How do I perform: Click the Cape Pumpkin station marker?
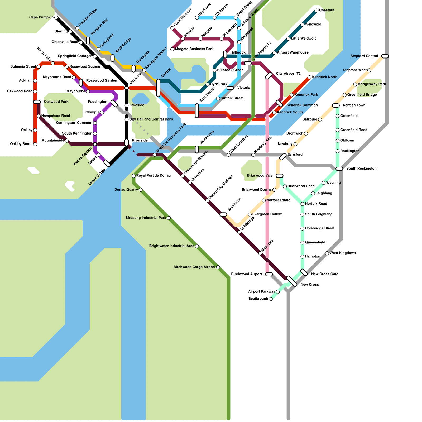(x=56, y=18)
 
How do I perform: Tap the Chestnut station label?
(x=327, y=10)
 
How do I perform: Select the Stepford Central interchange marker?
(x=385, y=56)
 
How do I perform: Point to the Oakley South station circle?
(x=35, y=144)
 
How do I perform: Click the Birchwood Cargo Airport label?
(x=194, y=267)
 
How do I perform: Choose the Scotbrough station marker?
(x=271, y=299)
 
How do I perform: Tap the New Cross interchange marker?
(x=292, y=281)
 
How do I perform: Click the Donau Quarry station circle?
(x=141, y=190)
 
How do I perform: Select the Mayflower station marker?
(x=197, y=18)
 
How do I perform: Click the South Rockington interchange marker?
(x=339, y=169)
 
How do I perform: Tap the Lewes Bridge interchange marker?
(x=107, y=163)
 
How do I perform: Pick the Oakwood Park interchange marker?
(x=37, y=102)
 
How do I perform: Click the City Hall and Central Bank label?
(x=151, y=119)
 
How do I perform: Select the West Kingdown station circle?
(x=327, y=253)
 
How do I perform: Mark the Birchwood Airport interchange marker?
(x=269, y=274)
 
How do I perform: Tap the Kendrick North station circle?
(x=309, y=77)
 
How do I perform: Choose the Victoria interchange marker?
(x=230, y=88)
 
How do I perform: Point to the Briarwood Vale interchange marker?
(x=280, y=176)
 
